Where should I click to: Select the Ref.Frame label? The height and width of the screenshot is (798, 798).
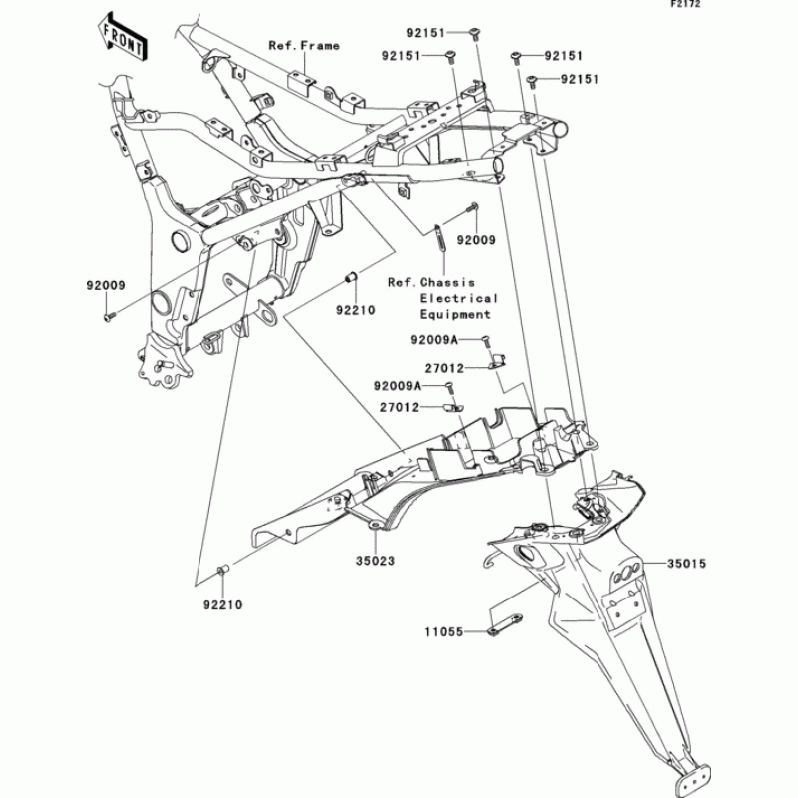[x=304, y=45]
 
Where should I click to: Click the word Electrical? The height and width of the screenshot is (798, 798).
[x=458, y=298]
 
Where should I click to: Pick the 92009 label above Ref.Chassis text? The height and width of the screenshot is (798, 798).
[x=477, y=240]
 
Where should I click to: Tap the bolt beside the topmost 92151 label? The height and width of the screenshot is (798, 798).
[x=476, y=32]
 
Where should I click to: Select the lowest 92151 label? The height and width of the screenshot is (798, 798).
[x=579, y=79]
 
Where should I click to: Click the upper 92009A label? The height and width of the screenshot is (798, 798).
[x=433, y=340]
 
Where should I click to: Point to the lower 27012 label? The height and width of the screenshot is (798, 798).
[x=398, y=407]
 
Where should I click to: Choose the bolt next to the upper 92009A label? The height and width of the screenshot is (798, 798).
[x=486, y=341]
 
